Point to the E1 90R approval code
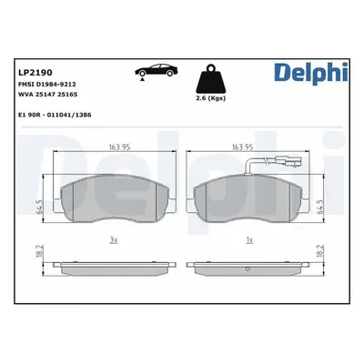click(55, 115)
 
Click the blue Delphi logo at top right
click(310, 73)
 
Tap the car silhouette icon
click(157, 71)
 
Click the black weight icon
click(211, 79)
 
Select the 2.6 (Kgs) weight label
click(211, 98)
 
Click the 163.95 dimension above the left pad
click(119, 147)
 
